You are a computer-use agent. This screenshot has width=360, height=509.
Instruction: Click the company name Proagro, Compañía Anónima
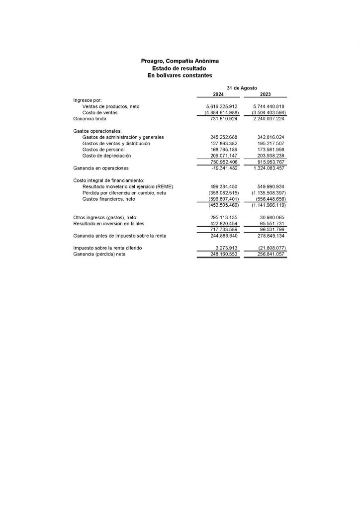click(180, 61)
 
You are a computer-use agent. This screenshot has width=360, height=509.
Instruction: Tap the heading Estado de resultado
click(180, 68)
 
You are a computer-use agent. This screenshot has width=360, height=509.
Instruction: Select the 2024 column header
click(218, 94)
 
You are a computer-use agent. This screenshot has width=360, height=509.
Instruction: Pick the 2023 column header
click(265, 94)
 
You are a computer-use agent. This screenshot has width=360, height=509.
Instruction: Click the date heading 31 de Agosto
click(242, 87)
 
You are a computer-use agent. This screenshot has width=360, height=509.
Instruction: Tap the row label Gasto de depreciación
click(106, 156)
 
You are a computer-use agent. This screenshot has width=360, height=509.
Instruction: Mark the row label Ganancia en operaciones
click(101, 168)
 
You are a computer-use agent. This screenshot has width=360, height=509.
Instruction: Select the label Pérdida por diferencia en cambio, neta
click(124, 192)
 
